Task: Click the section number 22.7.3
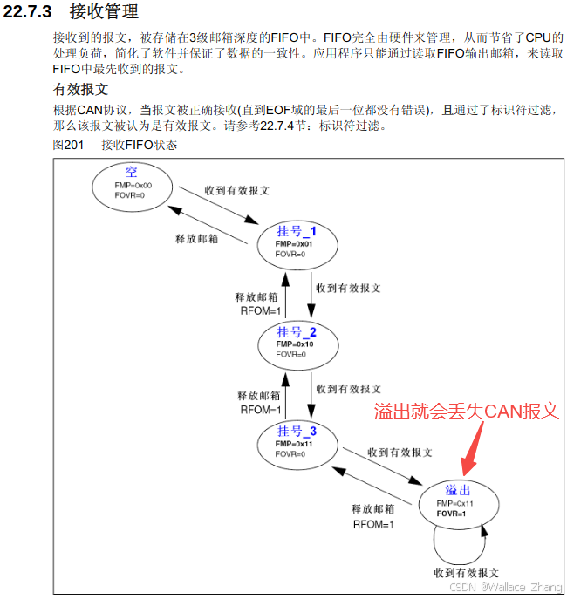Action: click(x=30, y=12)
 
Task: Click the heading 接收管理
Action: click(x=103, y=12)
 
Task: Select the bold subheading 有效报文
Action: click(x=80, y=90)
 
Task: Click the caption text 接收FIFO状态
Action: click(x=139, y=145)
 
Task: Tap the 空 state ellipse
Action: click(x=132, y=184)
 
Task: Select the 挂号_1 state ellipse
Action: click(x=297, y=242)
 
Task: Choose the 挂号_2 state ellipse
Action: click(x=297, y=344)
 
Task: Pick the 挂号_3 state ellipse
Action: click(x=297, y=443)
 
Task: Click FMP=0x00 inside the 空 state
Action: click(x=133, y=186)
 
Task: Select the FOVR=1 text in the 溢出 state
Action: click(x=452, y=514)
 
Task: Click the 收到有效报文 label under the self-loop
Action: click(x=466, y=573)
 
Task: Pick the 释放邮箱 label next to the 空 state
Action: click(x=197, y=238)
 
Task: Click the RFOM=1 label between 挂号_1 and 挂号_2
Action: click(x=259, y=310)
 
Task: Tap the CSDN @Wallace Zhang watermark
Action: click(x=504, y=588)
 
